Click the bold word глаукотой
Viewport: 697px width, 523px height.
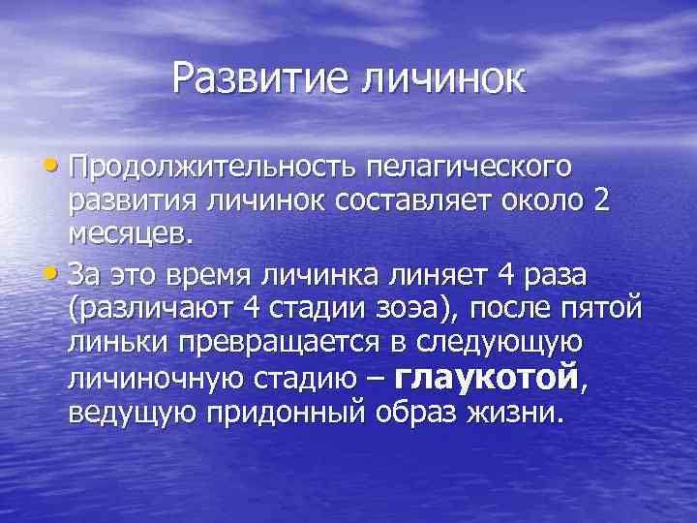point(488,377)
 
